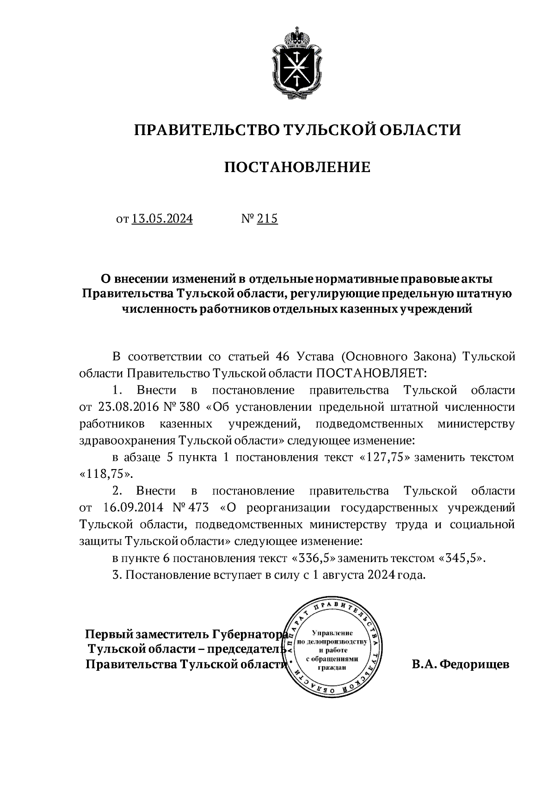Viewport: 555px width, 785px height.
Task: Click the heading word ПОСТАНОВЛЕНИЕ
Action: point(297,167)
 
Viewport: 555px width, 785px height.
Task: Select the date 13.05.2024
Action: point(162,218)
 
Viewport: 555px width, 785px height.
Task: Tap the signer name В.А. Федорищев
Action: point(460,665)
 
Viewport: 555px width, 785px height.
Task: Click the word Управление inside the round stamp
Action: point(333,632)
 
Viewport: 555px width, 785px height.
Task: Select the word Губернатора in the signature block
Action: point(251,633)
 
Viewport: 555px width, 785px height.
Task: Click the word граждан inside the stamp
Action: point(332,667)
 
